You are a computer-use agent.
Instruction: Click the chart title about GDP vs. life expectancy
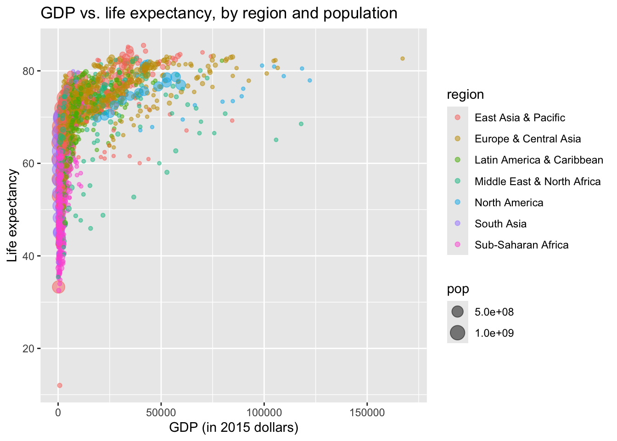pos(219,13)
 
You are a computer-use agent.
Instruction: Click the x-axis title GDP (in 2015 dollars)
pos(234,428)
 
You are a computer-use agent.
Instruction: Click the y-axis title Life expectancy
pos(12,215)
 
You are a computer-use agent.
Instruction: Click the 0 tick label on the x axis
pos(58,412)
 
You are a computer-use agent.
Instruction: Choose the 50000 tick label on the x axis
pos(161,412)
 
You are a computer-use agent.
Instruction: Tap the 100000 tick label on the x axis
pos(264,412)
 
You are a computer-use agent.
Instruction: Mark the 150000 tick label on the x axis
pos(367,412)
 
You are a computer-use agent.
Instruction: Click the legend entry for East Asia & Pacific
pos(520,118)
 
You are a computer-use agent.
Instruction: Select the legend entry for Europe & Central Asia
pos(527,139)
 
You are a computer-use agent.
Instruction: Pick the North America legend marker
pos(458,203)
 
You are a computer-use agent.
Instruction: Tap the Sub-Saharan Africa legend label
pos(522,245)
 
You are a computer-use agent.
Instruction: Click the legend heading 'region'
pos(465,95)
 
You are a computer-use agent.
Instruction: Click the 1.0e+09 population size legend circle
pos(458,333)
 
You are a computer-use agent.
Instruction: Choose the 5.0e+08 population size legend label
pos(494,312)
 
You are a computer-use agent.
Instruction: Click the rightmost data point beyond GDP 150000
pos(403,58)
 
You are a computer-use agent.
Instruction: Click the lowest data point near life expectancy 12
pos(59,385)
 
